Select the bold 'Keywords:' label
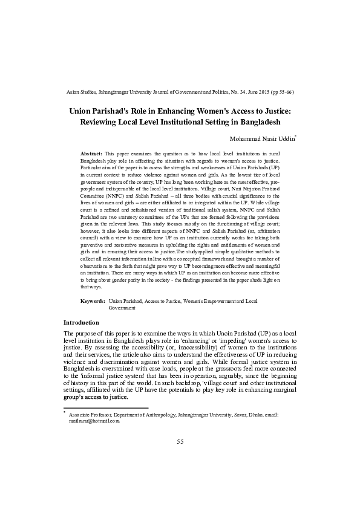pyautogui.click(x=93, y=300)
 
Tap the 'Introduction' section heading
pyautogui.click(x=83, y=322)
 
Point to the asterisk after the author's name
pyautogui.click(x=295, y=137)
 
